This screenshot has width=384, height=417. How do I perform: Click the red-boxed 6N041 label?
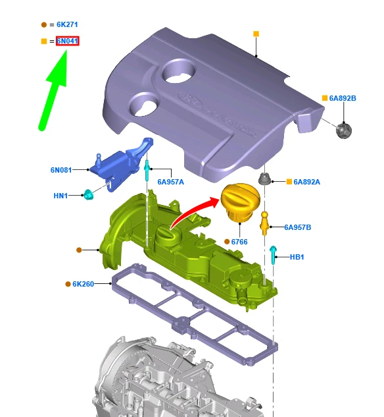(68, 41)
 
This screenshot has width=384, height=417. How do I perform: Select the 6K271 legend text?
(67, 24)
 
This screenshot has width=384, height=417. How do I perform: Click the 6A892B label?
(343, 98)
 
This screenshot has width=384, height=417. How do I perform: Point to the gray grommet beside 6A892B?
(343, 130)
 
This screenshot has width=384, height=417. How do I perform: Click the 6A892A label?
(306, 182)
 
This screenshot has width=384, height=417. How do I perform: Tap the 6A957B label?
(298, 227)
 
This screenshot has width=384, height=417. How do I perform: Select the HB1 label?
(297, 257)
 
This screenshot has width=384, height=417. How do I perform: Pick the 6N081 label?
(61, 169)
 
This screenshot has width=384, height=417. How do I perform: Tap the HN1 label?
(60, 196)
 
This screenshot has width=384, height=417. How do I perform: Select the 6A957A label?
(170, 182)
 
